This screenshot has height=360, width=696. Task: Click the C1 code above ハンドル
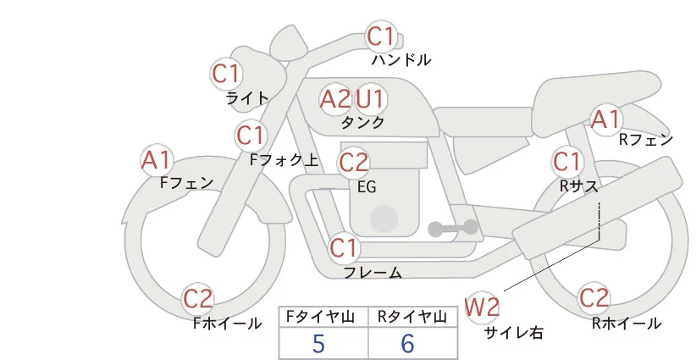click(382, 36)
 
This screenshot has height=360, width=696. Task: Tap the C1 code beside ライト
click(226, 73)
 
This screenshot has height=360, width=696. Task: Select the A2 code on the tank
click(334, 99)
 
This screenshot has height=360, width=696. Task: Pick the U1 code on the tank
click(370, 99)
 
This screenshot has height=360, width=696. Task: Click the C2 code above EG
click(353, 162)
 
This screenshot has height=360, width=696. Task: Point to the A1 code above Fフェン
click(156, 159)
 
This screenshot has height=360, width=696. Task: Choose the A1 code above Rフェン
click(605, 119)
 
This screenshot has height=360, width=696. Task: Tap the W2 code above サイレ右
click(483, 307)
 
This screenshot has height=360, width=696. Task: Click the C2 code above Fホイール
click(199, 298)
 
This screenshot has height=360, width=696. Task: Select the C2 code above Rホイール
click(594, 298)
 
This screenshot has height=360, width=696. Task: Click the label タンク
click(362, 123)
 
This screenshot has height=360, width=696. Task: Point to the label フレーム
click(373, 273)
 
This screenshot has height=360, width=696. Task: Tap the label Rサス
click(579, 184)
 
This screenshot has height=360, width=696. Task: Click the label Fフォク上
click(284, 158)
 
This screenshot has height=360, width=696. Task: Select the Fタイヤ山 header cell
click(324, 317)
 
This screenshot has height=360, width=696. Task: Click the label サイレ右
click(514, 333)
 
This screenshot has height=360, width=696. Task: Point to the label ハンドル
click(401, 60)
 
